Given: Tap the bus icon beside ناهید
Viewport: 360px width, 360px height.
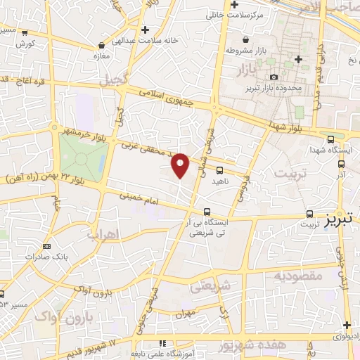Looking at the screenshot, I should (220, 170).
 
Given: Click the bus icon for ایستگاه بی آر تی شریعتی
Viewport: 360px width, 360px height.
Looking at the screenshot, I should (207, 211).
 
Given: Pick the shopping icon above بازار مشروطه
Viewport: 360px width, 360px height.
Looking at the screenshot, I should (245, 40).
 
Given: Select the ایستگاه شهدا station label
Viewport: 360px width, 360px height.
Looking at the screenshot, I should (326, 149).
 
